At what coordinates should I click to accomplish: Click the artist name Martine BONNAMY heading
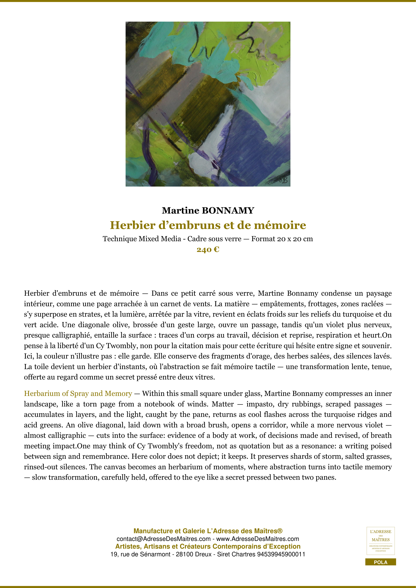pos(208,211)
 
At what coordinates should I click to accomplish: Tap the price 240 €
pos(208,250)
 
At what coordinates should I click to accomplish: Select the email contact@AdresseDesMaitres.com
pos(163,539)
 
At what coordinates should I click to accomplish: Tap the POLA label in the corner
pos(380,562)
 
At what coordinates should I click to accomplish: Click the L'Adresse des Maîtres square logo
pos(380,541)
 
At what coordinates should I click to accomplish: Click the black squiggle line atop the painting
pos(246,38)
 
